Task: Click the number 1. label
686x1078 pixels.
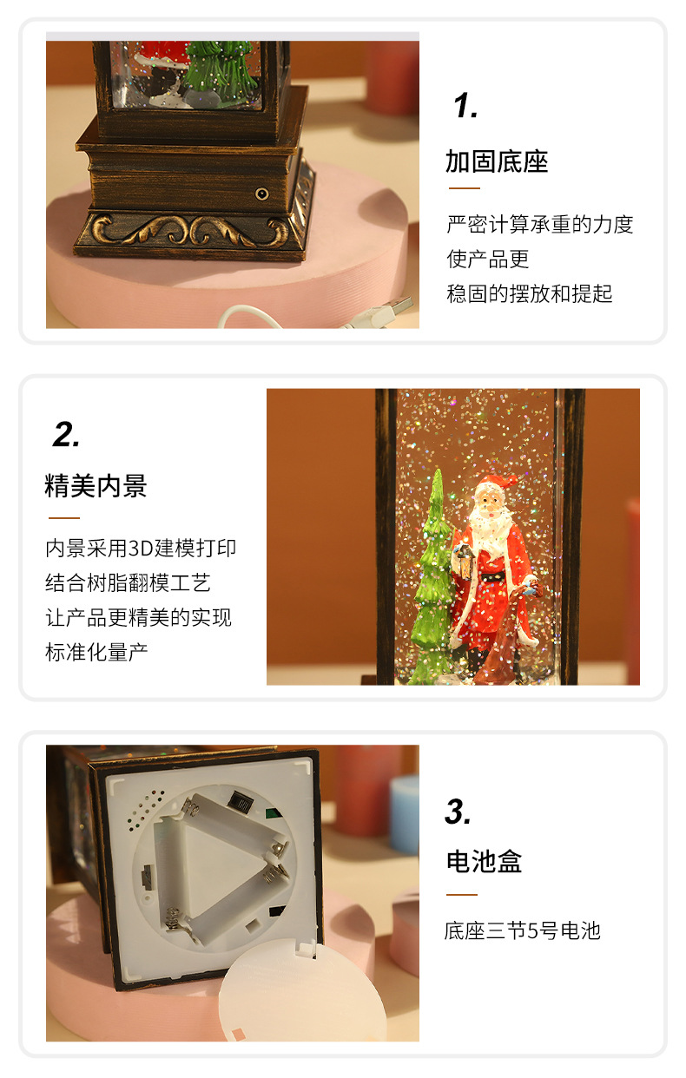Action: coord(465,107)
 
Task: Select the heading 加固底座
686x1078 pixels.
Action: coord(497,162)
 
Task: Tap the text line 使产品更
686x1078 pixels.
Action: coord(487,259)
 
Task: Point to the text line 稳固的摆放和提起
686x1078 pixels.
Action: coord(529,293)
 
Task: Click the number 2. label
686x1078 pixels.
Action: coord(66,435)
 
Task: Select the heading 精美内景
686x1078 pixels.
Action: coord(96,486)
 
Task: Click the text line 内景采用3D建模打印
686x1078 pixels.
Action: coord(141,549)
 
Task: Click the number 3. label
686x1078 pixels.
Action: coord(458,812)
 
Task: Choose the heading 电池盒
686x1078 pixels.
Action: coord(484,862)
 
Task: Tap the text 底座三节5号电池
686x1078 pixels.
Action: coord(522,931)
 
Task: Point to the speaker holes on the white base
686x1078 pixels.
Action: coord(140,808)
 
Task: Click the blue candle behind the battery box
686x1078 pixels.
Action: coord(404,812)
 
